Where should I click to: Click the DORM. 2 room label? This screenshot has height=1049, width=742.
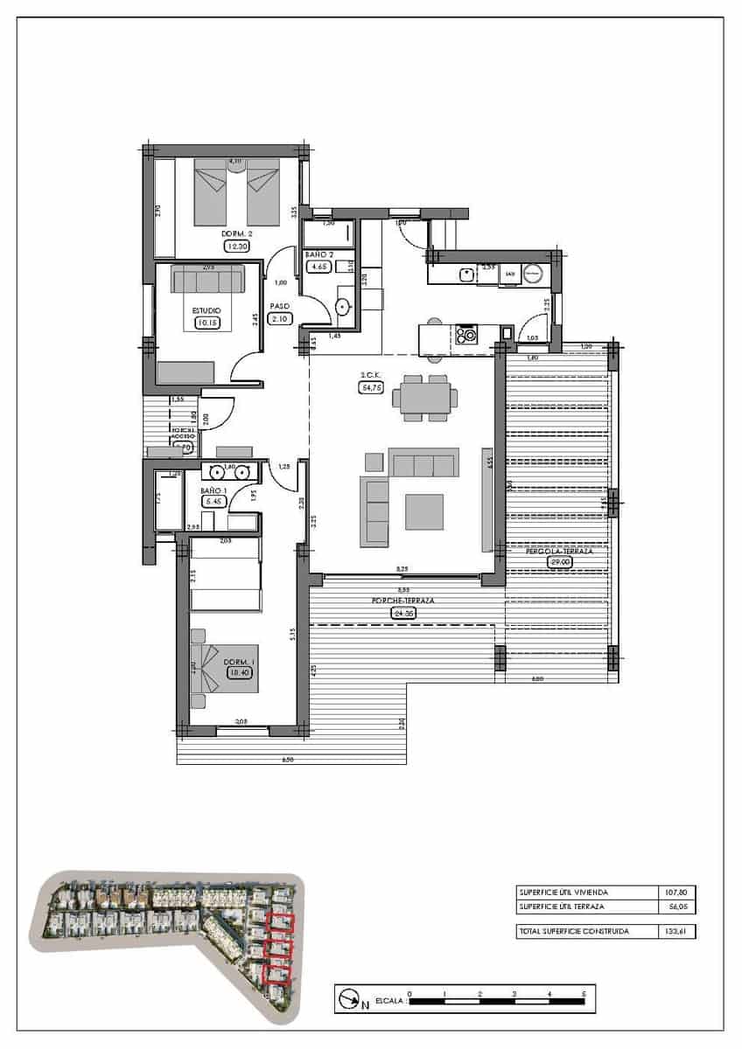tap(237, 234)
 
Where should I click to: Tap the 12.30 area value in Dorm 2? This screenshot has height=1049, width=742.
tap(237, 247)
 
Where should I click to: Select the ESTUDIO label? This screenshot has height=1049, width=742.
tap(206, 310)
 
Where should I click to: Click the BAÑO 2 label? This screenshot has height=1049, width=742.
tap(316, 254)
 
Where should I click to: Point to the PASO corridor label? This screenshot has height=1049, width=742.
tap(280, 307)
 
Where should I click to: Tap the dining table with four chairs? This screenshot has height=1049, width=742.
tap(424, 398)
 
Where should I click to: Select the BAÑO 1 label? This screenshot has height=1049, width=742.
tap(214, 491)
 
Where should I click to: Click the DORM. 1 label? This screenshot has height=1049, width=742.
tap(238, 662)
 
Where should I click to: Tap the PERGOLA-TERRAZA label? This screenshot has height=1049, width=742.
tap(560, 552)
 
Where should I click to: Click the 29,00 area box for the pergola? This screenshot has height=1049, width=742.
tap(559, 564)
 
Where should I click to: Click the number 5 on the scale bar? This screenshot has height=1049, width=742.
tap(584, 994)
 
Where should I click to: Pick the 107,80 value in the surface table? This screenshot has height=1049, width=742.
tap(676, 893)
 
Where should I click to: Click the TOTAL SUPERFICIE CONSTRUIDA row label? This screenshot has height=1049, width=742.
tap(573, 932)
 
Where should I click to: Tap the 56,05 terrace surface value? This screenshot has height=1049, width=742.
tap(676, 907)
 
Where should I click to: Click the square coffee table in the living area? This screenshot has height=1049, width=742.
tap(423, 511)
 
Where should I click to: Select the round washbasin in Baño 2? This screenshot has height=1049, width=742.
tap(342, 307)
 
